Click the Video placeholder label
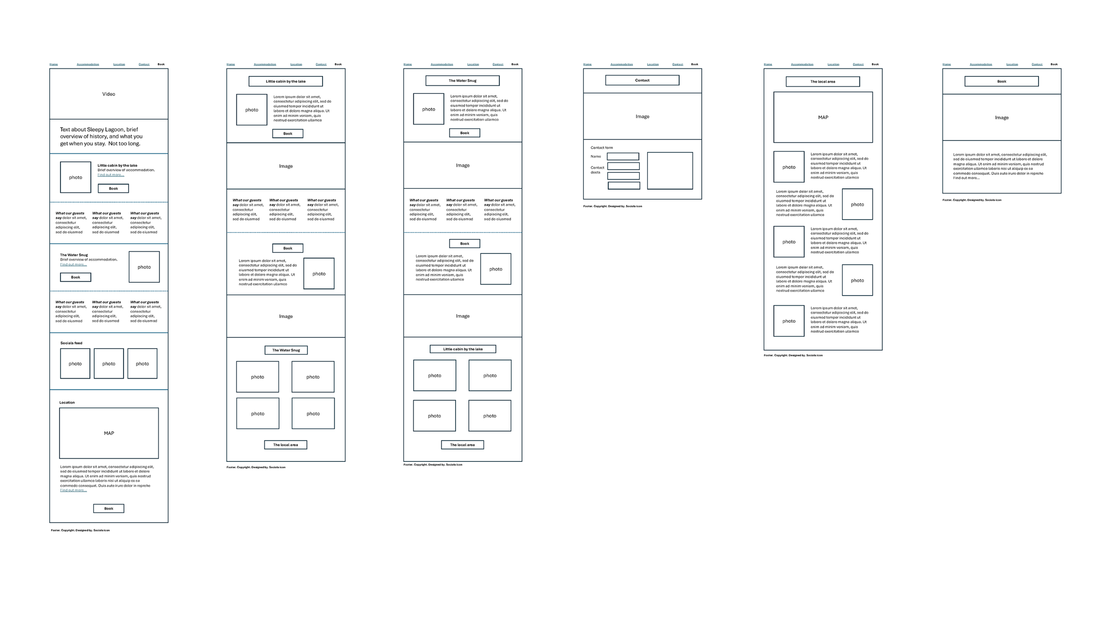[108, 94]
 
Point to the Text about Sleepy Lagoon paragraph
[101, 136]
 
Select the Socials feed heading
[71, 343]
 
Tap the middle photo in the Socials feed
[109, 364]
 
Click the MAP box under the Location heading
[109, 433]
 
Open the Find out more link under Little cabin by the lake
[111, 175]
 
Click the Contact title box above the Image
[642, 80]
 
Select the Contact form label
[601, 148]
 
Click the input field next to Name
[623, 156]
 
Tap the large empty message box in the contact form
[670, 171]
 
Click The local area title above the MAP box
[823, 82]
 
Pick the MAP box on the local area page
[823, 117]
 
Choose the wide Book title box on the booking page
[1001, 81]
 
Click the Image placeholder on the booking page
[1002, 118]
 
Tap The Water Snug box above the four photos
[286, 350]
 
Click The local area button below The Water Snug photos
[286, 445]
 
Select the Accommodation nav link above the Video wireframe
[88, 64]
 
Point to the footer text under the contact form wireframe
[612, 206]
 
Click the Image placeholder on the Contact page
[642, 116]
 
